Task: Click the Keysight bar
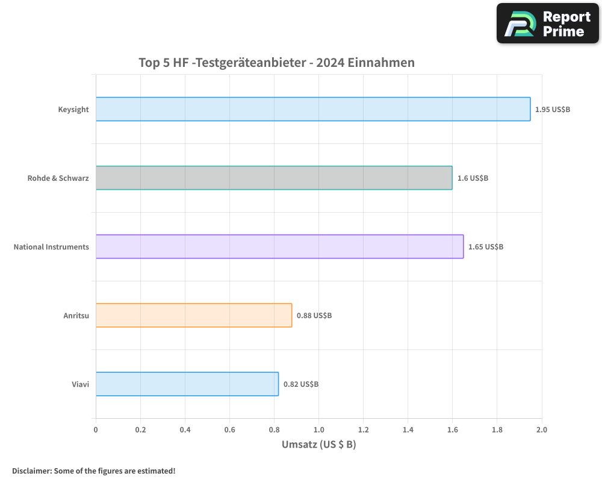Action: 313,109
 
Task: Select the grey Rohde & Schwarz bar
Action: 274,178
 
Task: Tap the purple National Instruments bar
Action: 279,246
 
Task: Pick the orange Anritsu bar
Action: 194,315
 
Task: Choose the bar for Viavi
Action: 187,384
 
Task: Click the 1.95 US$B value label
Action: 553,110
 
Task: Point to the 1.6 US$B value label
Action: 473,178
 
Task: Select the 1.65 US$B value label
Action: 486,247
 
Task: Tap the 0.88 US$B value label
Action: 314,316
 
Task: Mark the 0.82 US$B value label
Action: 301,384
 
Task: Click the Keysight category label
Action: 73,110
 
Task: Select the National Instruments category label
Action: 51,247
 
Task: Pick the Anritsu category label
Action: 76,316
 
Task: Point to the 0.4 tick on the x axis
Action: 185,430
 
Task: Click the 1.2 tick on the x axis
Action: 363,430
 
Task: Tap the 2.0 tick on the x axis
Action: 541,430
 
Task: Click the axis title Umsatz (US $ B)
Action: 319,445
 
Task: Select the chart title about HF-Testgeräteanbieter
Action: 276,63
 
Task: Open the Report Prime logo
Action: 548,23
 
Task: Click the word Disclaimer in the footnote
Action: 31,471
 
